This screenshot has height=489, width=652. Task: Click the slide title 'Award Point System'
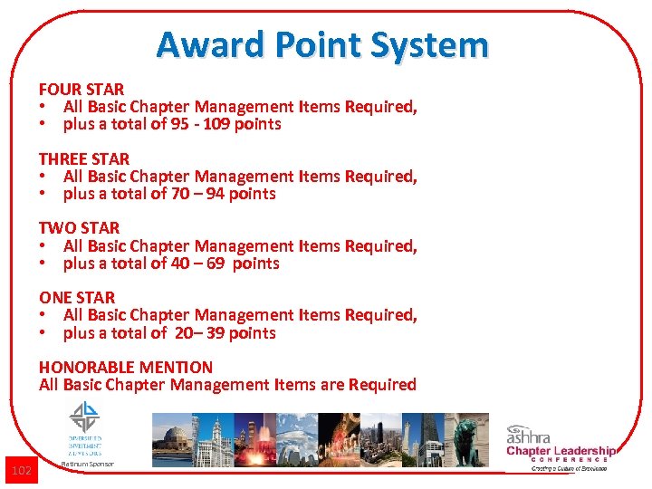tap(322, 44)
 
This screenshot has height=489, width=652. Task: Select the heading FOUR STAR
tap(81, 89)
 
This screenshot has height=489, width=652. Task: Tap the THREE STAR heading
tap(84, 158)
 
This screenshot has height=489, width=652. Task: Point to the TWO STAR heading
tap(79, 228)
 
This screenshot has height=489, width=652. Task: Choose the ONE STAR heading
tap(77, 297)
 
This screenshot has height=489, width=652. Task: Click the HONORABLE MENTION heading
tap(126, 367)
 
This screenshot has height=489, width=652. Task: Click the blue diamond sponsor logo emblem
tap(84, 417)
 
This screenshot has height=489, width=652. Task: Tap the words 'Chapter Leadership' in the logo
tap(561, 451)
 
